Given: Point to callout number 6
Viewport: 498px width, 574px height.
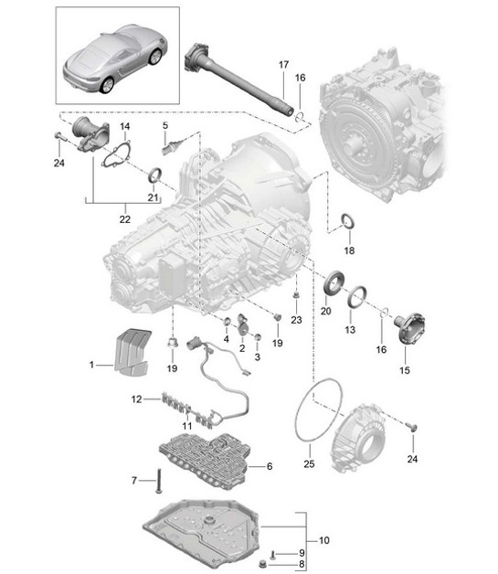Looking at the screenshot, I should pyautogui.click(x=270, y=466).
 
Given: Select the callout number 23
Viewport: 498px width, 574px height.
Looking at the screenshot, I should pyautogui.click(x=295, y=319).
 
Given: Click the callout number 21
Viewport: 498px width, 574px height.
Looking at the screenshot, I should pyautogui.click(x=154, y=198).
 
